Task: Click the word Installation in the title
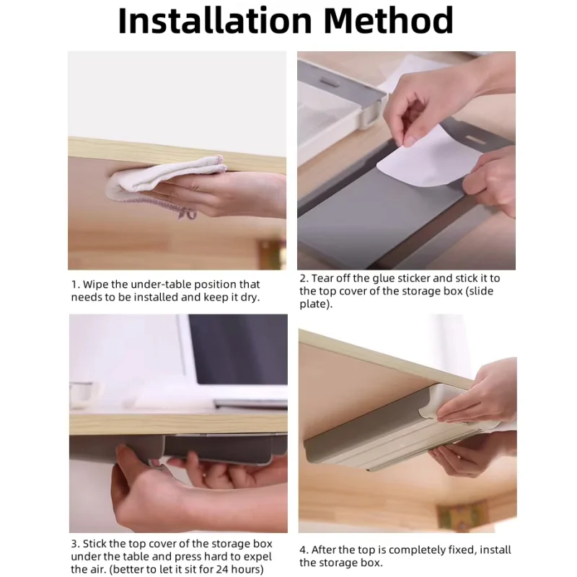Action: [x=215, y=21]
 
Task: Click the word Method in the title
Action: [x=388, y=21]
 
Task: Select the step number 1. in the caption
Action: [x=76, y=284]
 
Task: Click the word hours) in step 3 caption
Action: [x=247, y=569]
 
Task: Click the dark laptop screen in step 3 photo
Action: [x=239, y=349]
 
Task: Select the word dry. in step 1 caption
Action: [x=250, y=298]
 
